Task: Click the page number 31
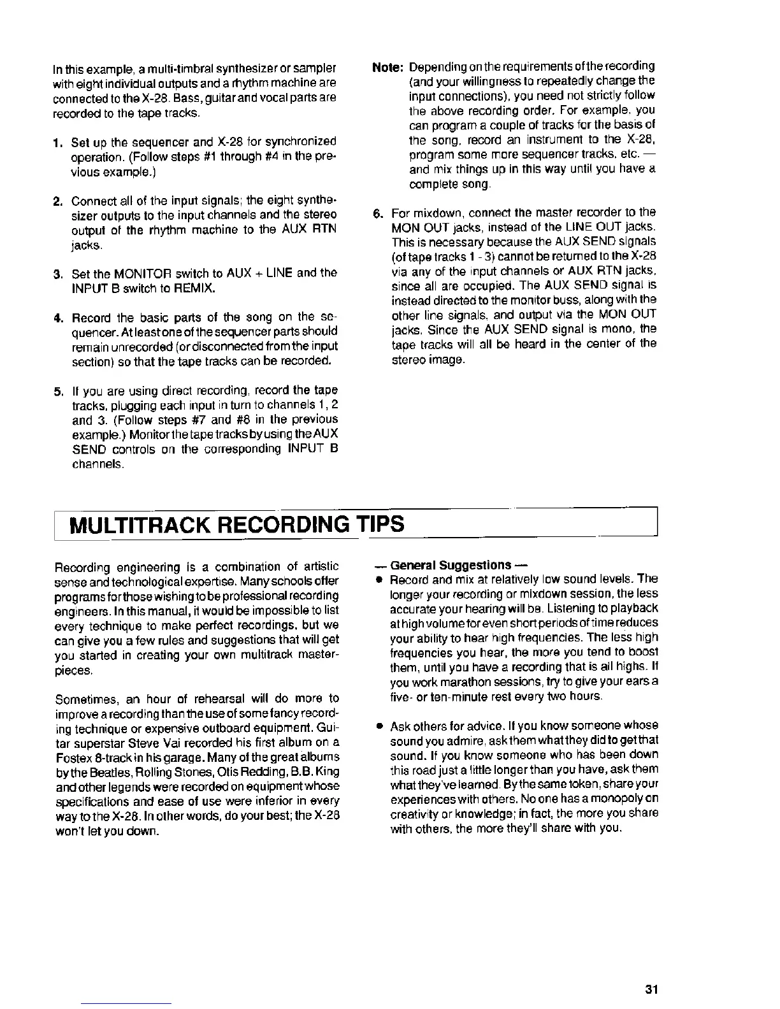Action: pyautogui.click(x=651, y=989)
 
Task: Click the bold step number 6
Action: pyautogui.click(x=377, y=212)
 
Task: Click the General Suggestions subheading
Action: pyautogui.click(x=451, y=566)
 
